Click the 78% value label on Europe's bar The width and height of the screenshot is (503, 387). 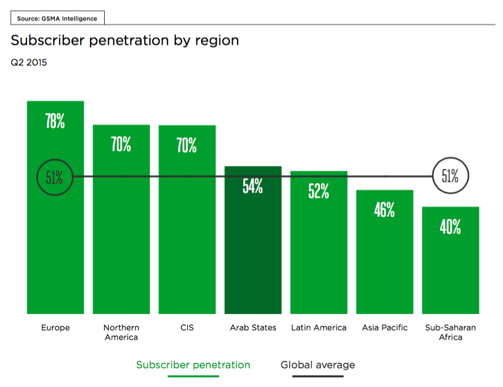pos(55,121)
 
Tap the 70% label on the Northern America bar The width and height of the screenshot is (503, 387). pos(121,144)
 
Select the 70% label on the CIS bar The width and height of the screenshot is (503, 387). pos(187,145)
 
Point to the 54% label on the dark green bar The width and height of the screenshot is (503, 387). pos(253,186)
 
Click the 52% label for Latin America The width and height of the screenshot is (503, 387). pos(319,191)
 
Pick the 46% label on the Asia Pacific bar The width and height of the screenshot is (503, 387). pos(384,210)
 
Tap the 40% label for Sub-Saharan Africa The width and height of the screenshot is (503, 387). pos(450,226)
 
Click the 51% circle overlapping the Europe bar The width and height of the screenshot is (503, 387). pos(37,177)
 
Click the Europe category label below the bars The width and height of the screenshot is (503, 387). pos(55,328)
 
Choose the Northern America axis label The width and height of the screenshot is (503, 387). pos(121,333)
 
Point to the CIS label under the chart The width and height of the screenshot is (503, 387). pos(187,328)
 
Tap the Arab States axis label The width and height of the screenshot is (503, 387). pos(253,328)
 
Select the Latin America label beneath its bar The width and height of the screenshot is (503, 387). pos(319,328)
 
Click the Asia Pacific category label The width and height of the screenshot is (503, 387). pos(385,328)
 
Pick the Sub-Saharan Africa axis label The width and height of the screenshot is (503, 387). pos(450,333)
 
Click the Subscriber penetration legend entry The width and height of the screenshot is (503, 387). pos(193,365)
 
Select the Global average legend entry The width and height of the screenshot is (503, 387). pos(317,365)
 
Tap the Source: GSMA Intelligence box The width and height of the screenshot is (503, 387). pos(57,18)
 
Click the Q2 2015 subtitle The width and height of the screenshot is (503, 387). pos(29,62)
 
